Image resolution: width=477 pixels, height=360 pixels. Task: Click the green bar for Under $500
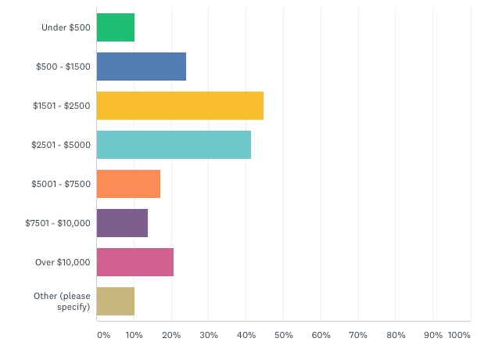click(x=116, y=27)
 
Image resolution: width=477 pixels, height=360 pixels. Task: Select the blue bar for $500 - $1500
click(x=142, y=67)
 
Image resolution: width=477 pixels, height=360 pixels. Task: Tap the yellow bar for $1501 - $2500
click(x=180, y=106)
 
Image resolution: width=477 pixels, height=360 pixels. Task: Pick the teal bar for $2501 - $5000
click(x=174, y=145)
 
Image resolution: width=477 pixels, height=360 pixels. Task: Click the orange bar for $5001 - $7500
click(x=128, y=184)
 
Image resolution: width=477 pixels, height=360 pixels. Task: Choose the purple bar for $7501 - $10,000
click(x=122, y=223)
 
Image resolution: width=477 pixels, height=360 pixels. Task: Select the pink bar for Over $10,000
click(x=135, y=262)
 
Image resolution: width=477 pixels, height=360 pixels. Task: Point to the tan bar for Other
click(x=116, y=301)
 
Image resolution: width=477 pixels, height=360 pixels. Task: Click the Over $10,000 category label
click(x=63, y=262)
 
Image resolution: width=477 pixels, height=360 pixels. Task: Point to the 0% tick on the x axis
click(x=103, y=335)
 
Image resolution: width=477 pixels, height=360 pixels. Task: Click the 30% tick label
click(x=208, y=335)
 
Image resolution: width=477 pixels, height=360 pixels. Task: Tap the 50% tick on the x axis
click(x=283, y=335)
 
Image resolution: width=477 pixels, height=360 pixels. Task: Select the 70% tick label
click(x=358, y=335)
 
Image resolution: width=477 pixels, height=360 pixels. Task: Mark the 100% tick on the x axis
click(x=459, y=335)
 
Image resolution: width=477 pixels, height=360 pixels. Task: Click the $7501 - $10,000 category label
click(x=58, y=223)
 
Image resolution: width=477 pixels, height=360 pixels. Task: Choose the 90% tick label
click(x=432, y=335)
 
